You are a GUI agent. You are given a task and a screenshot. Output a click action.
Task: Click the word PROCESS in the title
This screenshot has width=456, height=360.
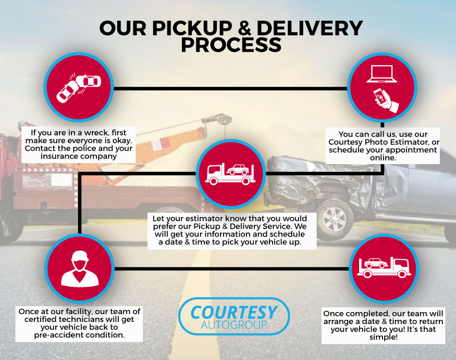(x=231, y=45)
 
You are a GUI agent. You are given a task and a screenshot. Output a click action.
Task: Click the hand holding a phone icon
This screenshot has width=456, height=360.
(x=386, y=101)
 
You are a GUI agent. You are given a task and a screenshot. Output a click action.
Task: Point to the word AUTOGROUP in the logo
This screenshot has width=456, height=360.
(x=233, y=326)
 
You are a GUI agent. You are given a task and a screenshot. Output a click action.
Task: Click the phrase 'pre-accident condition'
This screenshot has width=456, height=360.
(x=80, y=335)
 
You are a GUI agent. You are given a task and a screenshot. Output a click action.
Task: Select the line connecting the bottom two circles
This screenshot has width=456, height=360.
(x=230, y=268)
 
